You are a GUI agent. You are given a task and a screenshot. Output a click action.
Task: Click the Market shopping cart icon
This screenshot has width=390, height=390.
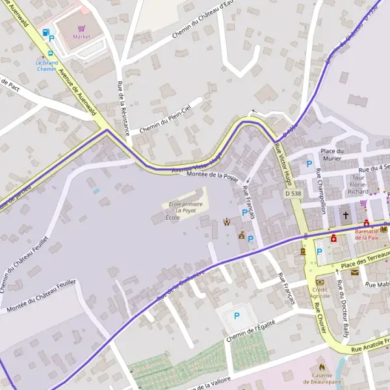click(81, 29)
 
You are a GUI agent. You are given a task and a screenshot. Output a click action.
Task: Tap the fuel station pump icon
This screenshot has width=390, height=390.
click(45, 32)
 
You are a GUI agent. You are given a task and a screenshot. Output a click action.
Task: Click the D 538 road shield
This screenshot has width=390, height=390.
click(293, 194)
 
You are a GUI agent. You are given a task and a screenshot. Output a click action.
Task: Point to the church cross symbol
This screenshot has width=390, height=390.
click(346, 215)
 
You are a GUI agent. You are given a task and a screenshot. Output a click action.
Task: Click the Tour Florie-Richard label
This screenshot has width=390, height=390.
click(358, 185)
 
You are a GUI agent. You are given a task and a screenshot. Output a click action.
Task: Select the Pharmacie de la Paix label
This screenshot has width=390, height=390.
click(371, 234)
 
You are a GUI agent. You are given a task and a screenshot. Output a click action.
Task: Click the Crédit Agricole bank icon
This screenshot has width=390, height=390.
click(320, 281)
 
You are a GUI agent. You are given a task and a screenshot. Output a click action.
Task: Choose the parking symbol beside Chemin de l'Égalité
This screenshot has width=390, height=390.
click(237, 316)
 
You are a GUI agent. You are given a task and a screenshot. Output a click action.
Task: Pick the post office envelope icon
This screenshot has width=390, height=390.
click(355, 272)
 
